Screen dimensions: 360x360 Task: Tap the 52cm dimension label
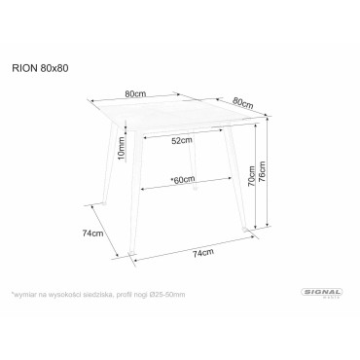point(181,141)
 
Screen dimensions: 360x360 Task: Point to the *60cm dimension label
point(181,179)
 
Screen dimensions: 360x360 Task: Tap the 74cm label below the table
point(202,254)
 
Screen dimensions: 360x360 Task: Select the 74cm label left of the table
point(93,234)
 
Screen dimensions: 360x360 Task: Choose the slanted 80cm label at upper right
point(243,101)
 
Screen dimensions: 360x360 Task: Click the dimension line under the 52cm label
point(181,149)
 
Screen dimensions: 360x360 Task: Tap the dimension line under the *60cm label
point(181,188)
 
